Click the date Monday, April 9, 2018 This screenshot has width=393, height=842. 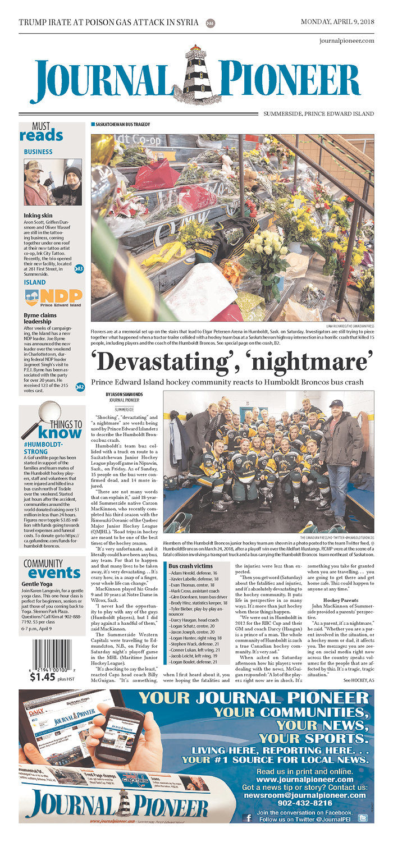337,22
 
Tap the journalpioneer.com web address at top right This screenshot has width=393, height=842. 346,41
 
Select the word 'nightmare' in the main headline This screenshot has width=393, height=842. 307,361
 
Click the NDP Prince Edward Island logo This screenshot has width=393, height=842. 53,298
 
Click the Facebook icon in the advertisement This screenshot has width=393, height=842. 249,818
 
